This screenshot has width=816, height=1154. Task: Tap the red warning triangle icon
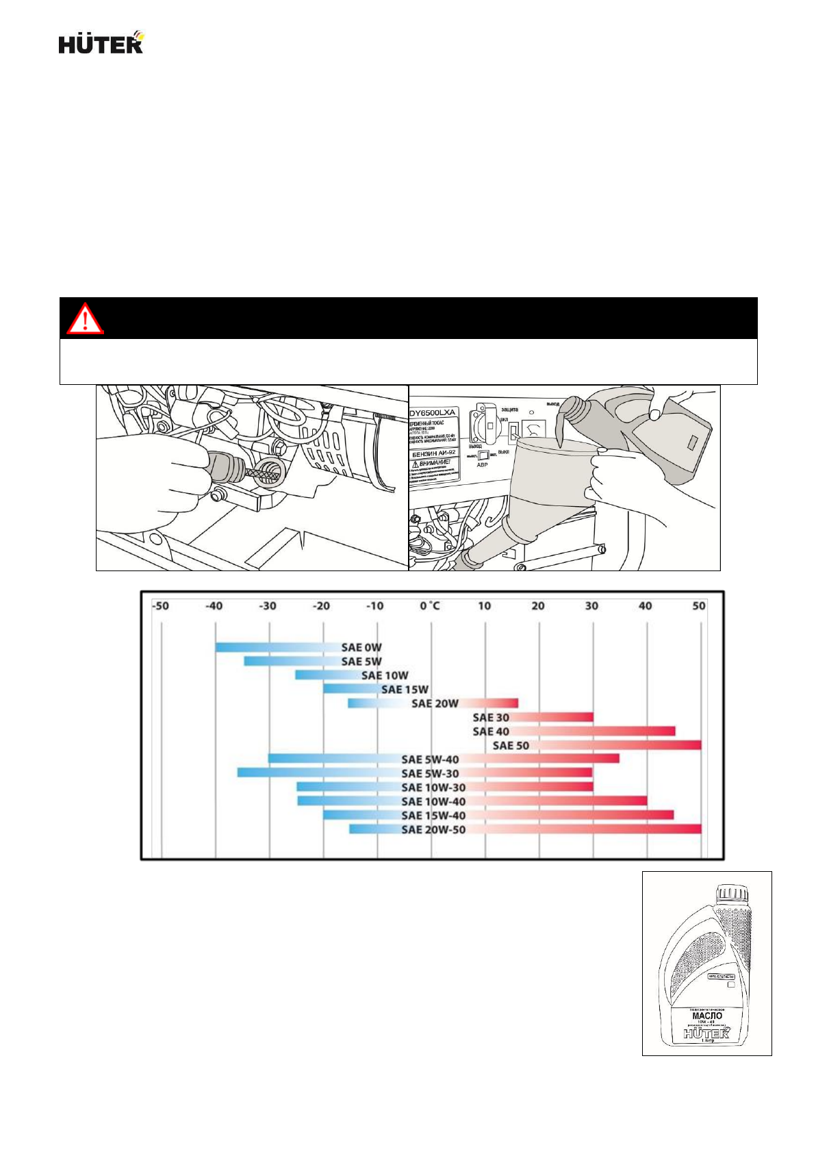(85, 318)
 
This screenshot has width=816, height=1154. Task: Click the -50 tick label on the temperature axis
(160, 606)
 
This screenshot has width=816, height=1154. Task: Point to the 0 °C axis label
(431, 606)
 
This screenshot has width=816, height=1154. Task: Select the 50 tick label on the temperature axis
(698, 606)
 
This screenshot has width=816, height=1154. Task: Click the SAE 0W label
(361, 647)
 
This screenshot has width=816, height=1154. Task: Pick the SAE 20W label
(435, 703)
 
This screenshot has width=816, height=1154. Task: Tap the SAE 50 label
(511, 745)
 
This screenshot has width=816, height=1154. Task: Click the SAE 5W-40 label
(430, 760)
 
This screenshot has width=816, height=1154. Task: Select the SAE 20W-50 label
(433, 829)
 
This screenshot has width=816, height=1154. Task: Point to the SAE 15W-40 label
(433, 815)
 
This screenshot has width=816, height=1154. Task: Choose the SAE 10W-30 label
(433, 788)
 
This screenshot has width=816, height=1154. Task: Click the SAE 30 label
(491, 717)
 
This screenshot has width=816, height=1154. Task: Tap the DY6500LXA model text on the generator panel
(433, 413)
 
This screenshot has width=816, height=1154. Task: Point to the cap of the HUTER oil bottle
(732, 893)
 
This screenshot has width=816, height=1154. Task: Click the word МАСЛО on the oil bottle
(707, 1016)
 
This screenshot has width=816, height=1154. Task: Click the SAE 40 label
(491, 731)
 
